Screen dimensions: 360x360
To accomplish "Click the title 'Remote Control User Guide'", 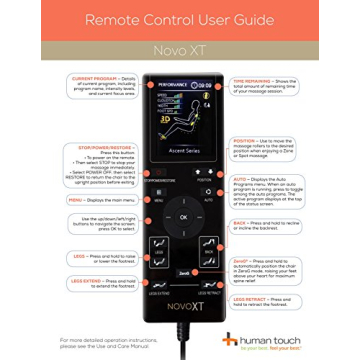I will [x=181, y=20].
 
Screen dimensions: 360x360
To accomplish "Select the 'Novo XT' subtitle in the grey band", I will [x=181, y=46].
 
